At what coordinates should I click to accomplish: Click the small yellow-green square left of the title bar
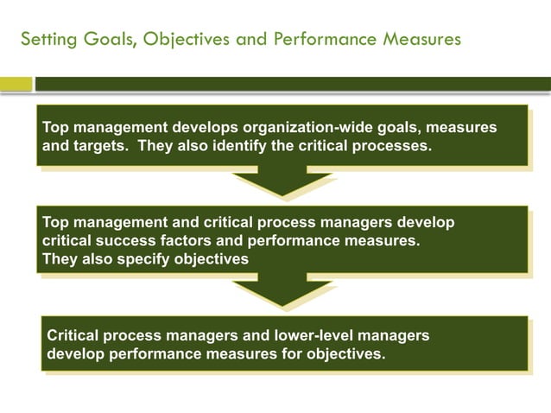pos(16,84)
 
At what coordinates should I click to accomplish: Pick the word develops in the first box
pos(203,128)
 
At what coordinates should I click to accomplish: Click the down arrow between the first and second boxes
pos(282,182)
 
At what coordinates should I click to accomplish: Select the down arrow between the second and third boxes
pos(282,293)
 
